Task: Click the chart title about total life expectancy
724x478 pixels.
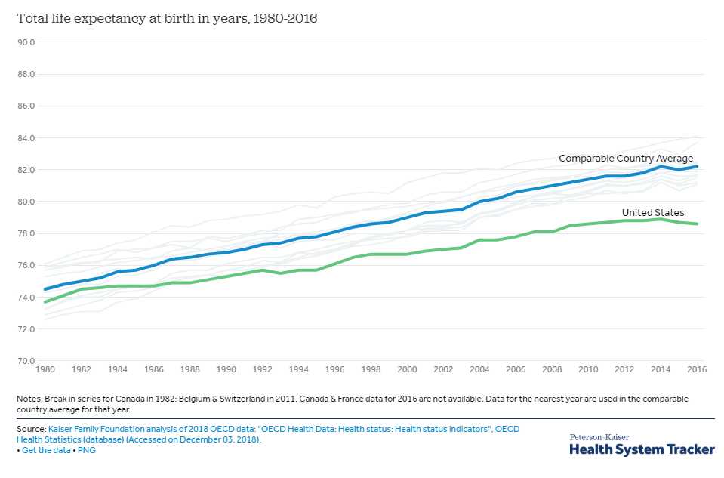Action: [x=167, y=19]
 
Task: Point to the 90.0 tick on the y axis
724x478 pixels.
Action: [x=26, y=42]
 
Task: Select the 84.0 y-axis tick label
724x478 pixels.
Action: [x=26, y=138]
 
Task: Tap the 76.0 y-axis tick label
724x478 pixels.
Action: [x=26, y=266]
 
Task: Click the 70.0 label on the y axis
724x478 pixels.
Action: [x=26, y=361]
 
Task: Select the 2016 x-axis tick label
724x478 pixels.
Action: [x=696, y=371]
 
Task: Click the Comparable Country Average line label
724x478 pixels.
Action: [x=625, y=159]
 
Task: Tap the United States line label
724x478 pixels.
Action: [x=652, y=213]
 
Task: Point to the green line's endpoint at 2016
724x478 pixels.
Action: [x=697, y=224]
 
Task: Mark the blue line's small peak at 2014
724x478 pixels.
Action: [x=660, y=166]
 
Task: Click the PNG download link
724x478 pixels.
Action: [x=87, y=451]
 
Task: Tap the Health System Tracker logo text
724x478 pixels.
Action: [x=642, y=449]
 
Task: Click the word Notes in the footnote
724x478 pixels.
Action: [x=29, y=398]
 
